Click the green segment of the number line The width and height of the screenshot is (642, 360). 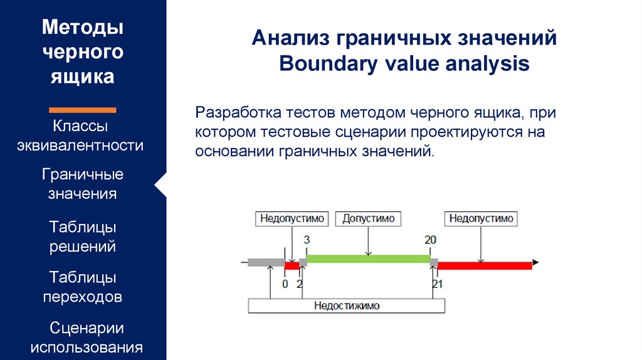tap(368, 259)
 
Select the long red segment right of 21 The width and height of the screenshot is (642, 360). tap(485, 266)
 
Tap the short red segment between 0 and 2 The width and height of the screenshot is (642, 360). tap(292, 266)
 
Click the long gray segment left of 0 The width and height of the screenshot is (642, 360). tap(266, 263)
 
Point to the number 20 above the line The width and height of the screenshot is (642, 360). tap(430, 240)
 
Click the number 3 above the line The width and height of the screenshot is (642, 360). tap(307, 240)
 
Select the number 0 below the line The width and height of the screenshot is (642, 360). tap(285, 284)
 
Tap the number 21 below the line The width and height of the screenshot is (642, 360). tap(438, 284)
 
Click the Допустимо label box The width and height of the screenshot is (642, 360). tap(368, 219)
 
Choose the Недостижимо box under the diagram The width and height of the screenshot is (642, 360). tap(346, 306)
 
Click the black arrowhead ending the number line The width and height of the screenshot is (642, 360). tap(535, 262)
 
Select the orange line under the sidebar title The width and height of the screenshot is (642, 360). tap(82, 110)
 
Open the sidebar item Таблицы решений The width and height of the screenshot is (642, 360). tap(82, 236)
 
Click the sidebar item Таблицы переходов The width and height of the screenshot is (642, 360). tap(82, 287)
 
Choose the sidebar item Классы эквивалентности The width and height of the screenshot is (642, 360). tap(80, 135)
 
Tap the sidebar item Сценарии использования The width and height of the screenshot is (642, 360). tap(87, 337)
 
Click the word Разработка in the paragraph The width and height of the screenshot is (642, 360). tap(238, 112)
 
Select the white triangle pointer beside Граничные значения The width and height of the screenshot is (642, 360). tap(161, 186)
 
